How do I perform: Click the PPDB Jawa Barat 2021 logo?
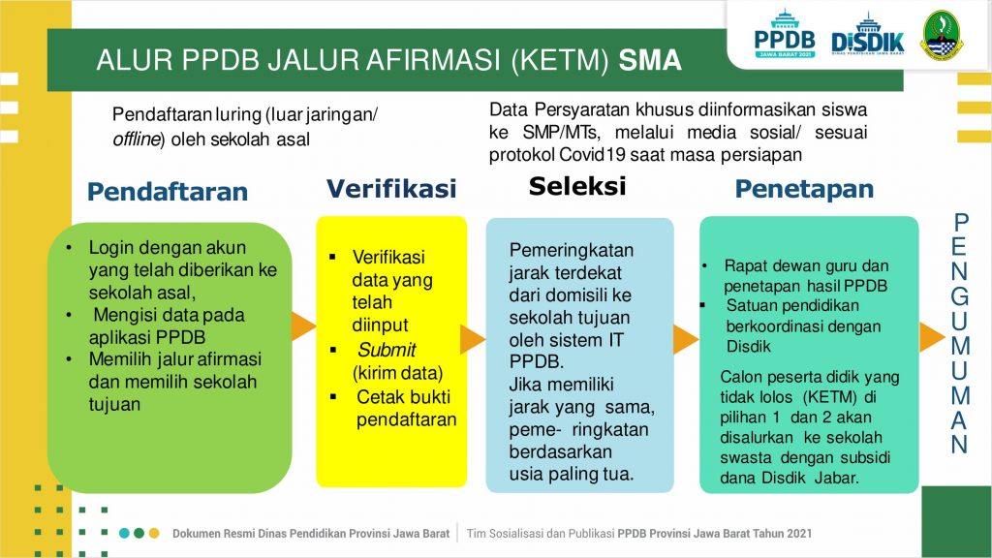point(785,34)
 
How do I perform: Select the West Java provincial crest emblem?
point(942,35)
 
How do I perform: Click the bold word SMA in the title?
point(650,60)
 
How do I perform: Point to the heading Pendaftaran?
point(167,192)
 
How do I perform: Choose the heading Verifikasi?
point(391,189)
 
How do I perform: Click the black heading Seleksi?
point(577,186)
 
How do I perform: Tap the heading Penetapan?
point(804,189)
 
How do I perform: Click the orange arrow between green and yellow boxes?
point(303,325)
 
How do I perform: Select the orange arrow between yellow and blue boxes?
point(472,340)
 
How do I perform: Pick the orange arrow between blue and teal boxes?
point(686,340)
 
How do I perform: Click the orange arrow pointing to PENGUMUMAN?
point(932,336)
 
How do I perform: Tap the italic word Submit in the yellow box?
point(387,350)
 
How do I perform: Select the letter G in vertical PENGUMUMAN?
point(960,296)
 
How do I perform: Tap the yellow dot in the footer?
point(154,534)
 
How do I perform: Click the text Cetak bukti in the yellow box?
point(404,396)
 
